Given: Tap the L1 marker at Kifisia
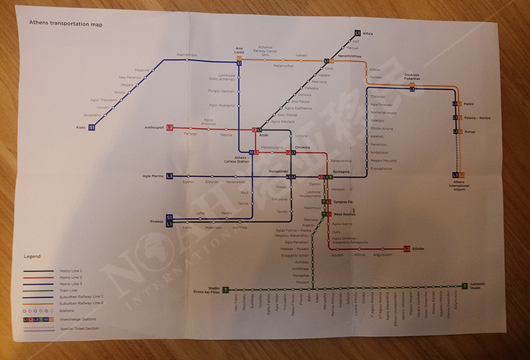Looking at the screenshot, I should click(357, 32).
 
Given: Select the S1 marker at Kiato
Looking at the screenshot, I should click(91, 127).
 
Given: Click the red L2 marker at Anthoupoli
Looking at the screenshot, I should click(170, 127).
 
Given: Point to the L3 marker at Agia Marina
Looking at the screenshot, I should click(170, 176).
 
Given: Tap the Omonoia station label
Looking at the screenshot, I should click(303, 147).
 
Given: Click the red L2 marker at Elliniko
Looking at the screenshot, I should click(407, 249).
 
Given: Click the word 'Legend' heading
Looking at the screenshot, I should click(32, 256).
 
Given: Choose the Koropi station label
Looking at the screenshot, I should click(469, 131).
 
